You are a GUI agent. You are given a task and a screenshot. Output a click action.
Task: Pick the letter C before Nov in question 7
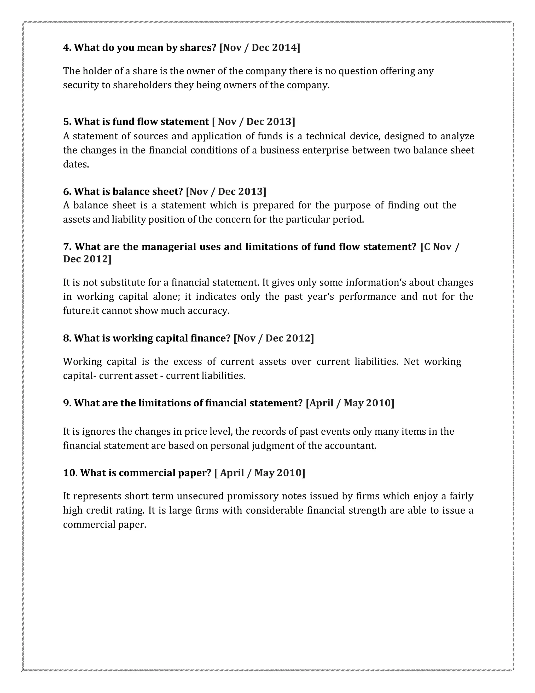click(427, 247)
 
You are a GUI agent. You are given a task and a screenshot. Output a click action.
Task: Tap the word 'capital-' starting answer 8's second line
click(80, 376)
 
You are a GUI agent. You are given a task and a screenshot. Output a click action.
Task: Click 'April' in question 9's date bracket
click(321, 403)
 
